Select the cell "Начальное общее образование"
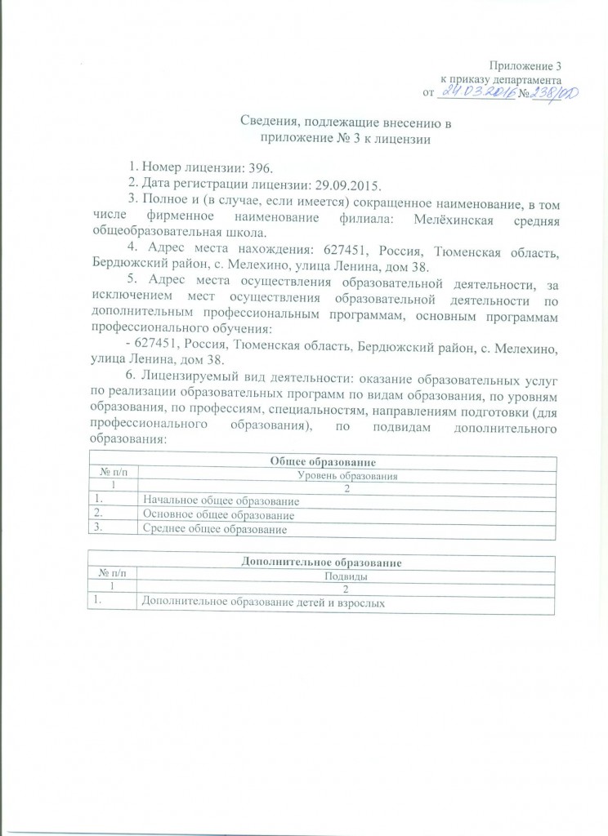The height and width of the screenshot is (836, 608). pyautogui.click(x=221, y=500)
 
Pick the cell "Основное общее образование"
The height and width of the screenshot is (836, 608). pyautogui.click(x=218, y=515)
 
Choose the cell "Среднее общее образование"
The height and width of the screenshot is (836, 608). pyautogui.click(x=215, y=530)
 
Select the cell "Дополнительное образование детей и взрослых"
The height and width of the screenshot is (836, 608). pyautogui.click(x=262, y=603)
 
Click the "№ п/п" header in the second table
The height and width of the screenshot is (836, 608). pyautogui.click(x=114, y=576)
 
